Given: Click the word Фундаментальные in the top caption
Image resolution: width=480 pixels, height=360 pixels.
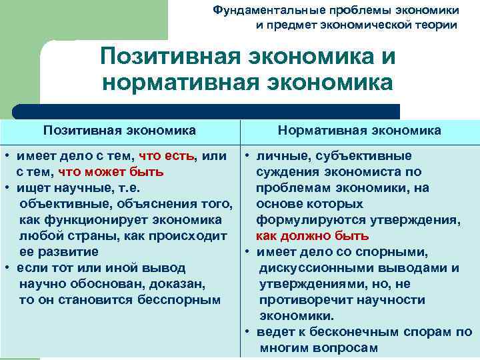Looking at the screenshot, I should click(x=259, y=11).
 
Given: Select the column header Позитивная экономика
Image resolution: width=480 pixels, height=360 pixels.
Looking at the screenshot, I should click(x=120, y=130).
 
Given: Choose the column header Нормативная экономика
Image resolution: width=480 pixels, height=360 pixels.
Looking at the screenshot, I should click(x=359, y=130).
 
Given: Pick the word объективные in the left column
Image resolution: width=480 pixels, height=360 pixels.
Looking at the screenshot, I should click(x=59, y=204).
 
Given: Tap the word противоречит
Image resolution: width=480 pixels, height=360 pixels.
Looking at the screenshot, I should click(x=303, y=300).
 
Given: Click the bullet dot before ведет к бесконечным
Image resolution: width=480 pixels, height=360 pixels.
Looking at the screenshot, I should click(x=247, y=332).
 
